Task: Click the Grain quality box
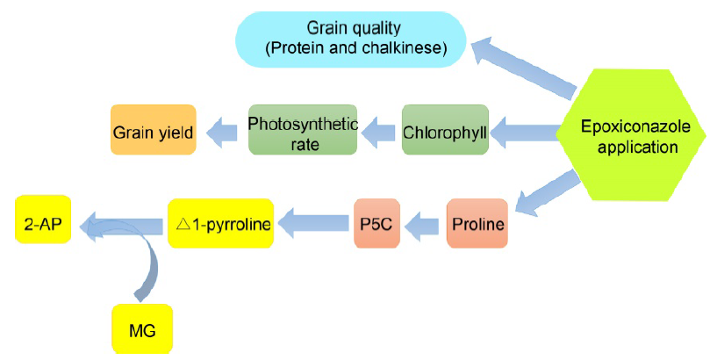pos(351,40)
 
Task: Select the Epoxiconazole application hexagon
pos(631,135)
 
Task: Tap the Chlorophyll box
pos(445,129)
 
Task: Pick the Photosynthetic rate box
pos(303,129)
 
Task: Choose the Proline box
pos(477,223)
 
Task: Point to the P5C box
pos(376,223)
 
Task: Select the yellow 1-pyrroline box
pos(221,223)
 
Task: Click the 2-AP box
pos(43,220)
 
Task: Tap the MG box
pos(142,329)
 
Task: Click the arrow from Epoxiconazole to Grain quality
pos(524,68)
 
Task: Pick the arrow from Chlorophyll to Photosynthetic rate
pos(377,132)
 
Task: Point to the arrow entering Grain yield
pos(221,133)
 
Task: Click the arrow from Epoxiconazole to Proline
pos(548,192)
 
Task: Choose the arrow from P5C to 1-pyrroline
pos(313,223)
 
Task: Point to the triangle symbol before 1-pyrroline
pos(183,224)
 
